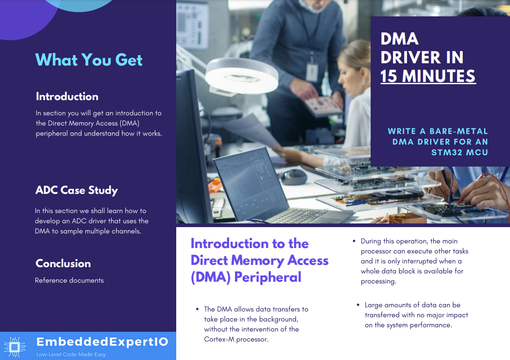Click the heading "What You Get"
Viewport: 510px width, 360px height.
[89, 60]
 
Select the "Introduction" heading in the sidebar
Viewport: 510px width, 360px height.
[67, 96]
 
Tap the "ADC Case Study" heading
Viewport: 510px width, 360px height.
[76, 190]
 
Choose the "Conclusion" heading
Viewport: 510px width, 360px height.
[63, 264]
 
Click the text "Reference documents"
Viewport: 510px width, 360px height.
[69, 280]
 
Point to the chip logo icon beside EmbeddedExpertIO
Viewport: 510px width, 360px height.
[14, 347]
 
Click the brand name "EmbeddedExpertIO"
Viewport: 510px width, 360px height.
[102, 342]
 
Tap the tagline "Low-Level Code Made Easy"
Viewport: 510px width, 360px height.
[71, 355]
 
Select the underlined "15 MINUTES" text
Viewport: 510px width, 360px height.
[428, 76]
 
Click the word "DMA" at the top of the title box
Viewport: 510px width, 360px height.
[399, 39]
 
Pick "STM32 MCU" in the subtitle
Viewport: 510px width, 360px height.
[459, 152]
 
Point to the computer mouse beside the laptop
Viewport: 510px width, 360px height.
[294, 177]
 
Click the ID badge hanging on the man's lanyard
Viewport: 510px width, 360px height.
[312, 72]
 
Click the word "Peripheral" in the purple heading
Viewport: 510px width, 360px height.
[268, 277]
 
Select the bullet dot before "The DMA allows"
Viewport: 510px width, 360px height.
[197, 309]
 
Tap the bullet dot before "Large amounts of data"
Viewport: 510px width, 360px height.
[358, 305]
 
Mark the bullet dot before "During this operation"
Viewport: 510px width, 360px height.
[354, 241]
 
